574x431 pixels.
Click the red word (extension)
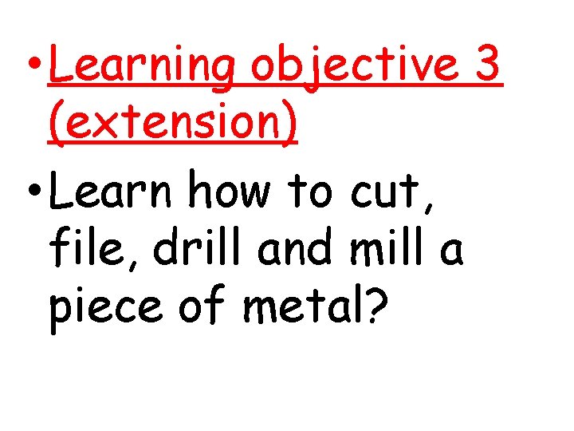(x=173, y=124)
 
